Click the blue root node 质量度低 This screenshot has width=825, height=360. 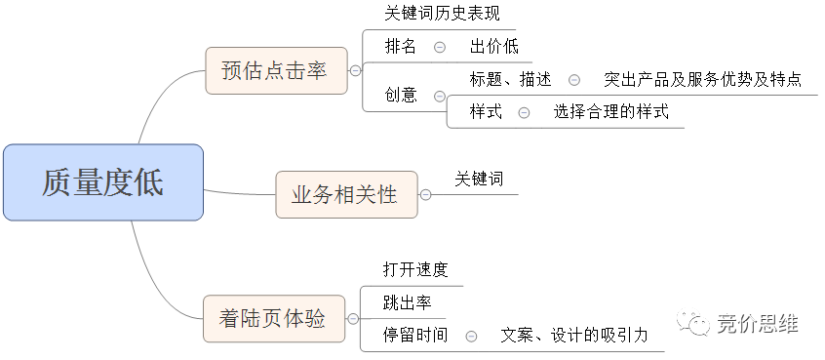click(103, 182)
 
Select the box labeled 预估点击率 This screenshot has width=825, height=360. click(276, 70)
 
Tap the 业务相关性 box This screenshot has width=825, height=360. click(347, 195)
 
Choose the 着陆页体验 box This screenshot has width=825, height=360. click(274, 318)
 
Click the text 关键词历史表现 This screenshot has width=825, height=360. click(442, 13)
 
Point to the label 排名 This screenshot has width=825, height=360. click(401, 46)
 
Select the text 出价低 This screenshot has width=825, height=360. click(494, 46)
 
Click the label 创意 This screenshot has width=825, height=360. click(401, 95)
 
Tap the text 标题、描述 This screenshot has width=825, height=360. click(510, 79)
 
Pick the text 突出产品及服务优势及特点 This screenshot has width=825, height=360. click(702, 79)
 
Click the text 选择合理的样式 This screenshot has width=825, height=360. click(610, 111)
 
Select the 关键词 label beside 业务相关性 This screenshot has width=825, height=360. click(479, 179)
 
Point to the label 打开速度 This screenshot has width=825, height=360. click(415, 269)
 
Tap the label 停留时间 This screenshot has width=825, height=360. click(415, 335)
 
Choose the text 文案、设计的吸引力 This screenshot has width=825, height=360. click(574, 335)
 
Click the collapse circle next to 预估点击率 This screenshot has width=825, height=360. click(356, 70)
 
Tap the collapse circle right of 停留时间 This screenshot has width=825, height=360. click(471, 336)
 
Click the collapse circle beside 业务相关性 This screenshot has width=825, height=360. click(425, 195)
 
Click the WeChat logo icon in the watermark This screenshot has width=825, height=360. click(693, 322)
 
